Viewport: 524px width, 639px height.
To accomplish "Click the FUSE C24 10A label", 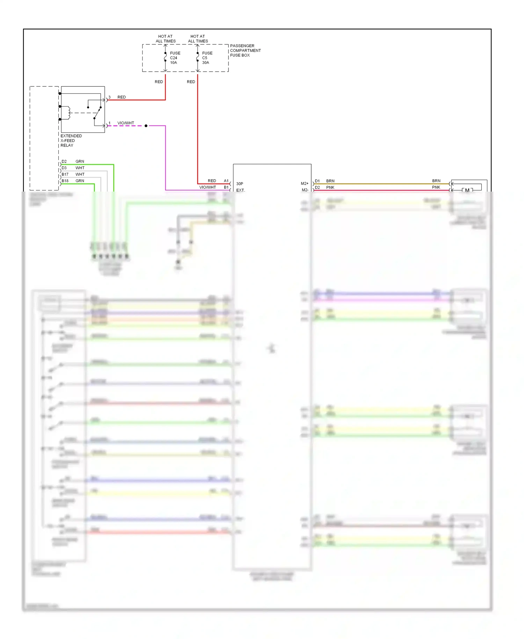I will pyautogui.click(x=175, y=58).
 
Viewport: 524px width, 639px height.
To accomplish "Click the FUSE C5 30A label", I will pyautogui.click(x=207, y=58).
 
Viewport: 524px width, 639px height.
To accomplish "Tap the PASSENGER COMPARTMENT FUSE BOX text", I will pyautogui.click(x=245, y=50).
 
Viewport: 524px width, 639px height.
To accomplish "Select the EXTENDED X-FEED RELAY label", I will pyautogui.click(x=71, y=141).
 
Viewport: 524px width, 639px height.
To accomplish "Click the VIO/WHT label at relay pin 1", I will pyautogui.click(x=126, y=123).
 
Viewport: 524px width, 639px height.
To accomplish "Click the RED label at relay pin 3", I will pyautogui.click(x=122, y=97).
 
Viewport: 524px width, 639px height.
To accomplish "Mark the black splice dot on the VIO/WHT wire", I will pyautogui.click(x=146, y=126).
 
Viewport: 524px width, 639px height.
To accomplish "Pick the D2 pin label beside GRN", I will pyautogui.click(x=64, y=161).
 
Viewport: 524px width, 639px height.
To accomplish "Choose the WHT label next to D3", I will pyautogui.click(x=80, y=168).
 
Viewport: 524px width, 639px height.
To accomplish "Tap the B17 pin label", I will pyautogui.click(x=65, y=174).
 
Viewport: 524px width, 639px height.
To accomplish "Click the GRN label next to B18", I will pyautogui.click(x=80, y=181).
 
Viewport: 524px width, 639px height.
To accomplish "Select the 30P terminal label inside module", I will pyautogui.click(x=240, y=184).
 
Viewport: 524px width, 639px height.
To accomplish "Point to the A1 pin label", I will pyautogui.click(x=226, y=181).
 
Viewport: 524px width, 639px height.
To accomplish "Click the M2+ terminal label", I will pyautogui.click(x=304, y=184).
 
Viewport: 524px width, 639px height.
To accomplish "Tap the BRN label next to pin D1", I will pyautogui.click(x=330, y=181).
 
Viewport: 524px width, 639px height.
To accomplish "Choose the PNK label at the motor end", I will pyautogui.click(x=436, y=187).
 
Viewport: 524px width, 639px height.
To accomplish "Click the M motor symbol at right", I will pyautogui.click(x=467, y=190).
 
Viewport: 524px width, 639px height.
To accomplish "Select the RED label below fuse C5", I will pyautogui.click(x=191, y=82).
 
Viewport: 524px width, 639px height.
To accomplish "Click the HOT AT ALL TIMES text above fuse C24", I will pyautogui.click(x=166, y=38).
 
